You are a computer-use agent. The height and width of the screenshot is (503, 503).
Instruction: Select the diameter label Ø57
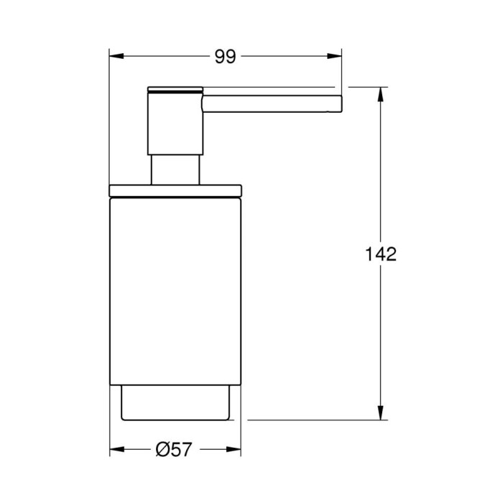coord(173,449)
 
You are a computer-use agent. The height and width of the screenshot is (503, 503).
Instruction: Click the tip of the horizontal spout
coord(339,103)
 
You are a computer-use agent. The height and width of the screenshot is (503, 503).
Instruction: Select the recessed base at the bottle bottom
coord(175,403)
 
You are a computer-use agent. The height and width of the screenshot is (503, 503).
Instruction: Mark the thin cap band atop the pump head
coord(176,90)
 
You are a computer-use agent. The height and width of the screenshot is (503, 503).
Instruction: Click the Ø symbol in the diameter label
coord(162,449)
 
